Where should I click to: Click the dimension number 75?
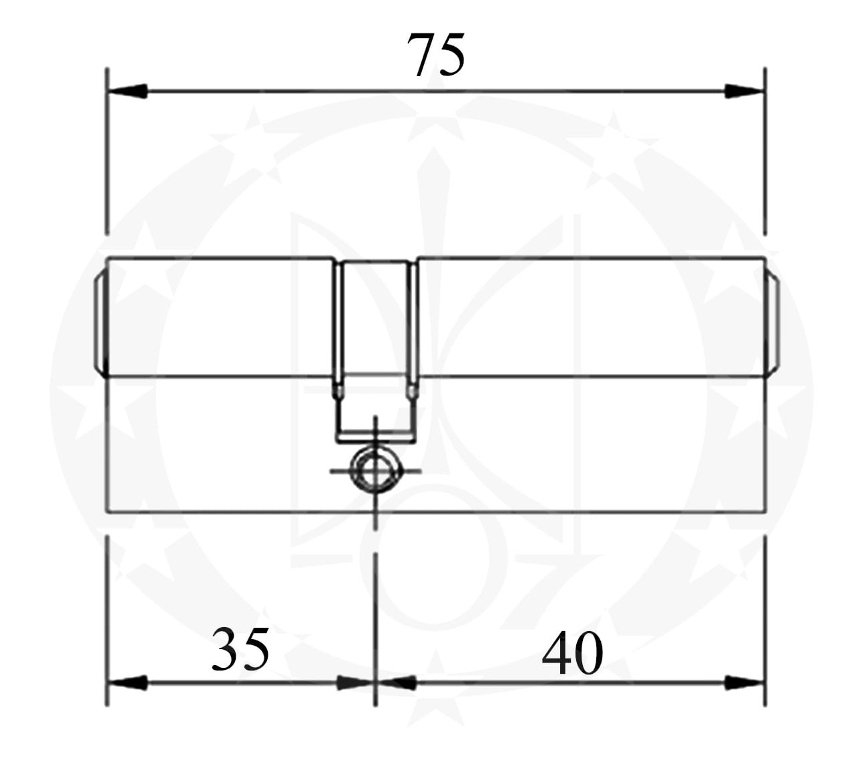[x=436, y=55]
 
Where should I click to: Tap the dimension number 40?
[x=572, y=652]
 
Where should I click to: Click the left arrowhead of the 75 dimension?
[x=127, y=91]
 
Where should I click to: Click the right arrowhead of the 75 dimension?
[x=744, y=91]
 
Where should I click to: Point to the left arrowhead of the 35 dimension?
[x=127, y=683]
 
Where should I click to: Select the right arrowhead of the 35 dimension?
[x=355, y=683]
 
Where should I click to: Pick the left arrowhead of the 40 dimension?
[x=396, y=683]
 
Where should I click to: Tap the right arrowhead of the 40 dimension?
[x=744, y=683]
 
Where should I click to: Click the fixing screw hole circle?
[x=375, y=471]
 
